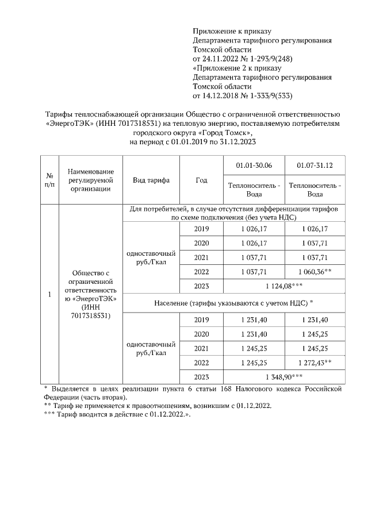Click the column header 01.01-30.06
(254, 166)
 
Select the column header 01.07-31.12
(315, 166)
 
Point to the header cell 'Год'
(201, 180)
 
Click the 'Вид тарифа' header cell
(151, 180)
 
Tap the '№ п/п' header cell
(49, 180)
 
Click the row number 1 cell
(49, 295)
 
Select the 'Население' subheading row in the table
(234, 302)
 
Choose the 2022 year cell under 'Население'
(201, 363)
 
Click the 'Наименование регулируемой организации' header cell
(90, 180)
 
